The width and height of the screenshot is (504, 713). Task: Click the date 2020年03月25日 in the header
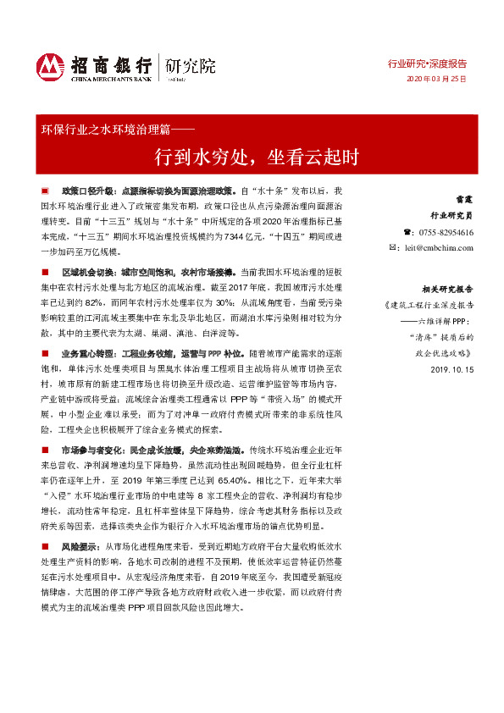pyautogui.click(x=436, y=78)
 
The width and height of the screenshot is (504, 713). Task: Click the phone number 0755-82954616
pyautogui.click(x=446, y=232)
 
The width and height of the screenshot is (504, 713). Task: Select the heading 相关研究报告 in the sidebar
pyautogui.click(x=449, y=289)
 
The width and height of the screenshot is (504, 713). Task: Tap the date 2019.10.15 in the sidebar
pyautogui.click(x=452, y=370)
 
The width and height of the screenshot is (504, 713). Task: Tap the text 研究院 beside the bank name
pyautogui.click(x=190, y=66)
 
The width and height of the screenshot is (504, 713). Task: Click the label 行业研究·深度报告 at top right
pyautogui.click(x=427, y=64)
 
